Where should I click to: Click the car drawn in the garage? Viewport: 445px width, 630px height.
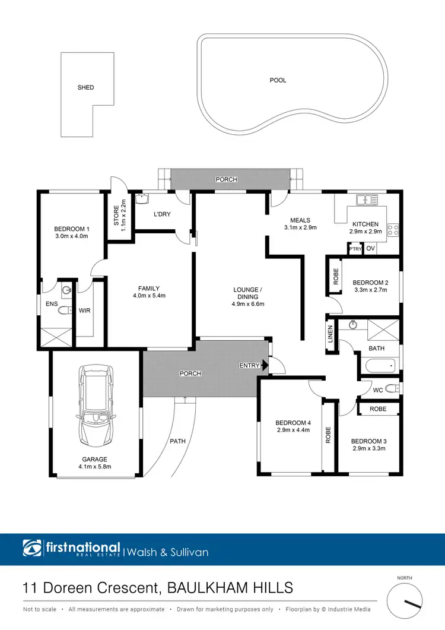pos(96,410)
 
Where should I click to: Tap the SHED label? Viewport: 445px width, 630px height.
pos(86,87)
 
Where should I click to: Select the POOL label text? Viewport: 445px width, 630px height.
pos(278,80)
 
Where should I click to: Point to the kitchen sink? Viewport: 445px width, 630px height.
pos(367,200)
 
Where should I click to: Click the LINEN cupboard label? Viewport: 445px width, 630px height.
pos(330,332)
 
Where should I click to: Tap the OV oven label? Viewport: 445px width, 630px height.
pos(371,249)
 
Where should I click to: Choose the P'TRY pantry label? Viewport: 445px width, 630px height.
pos(355,249)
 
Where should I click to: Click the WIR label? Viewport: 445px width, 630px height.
pos(84,310)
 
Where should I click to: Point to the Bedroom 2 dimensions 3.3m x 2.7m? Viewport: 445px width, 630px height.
pos(370,290)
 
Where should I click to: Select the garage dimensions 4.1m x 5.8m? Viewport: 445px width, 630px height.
pos(95,467)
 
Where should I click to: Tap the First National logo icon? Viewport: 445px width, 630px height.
pos(31,547)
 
